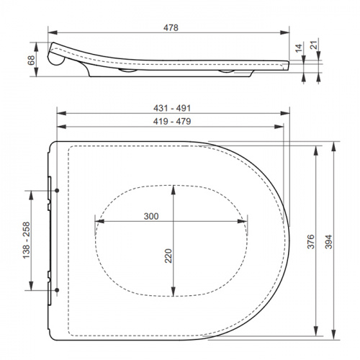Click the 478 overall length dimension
click(x=170, y=26)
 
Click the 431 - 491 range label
click(x=171, y=107)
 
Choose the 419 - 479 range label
click(x=171, y=124)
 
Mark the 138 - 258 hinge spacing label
click(x=27, y=240)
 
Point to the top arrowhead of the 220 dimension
click(x=173, y=188)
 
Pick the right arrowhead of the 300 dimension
click(x=249, y=222)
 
